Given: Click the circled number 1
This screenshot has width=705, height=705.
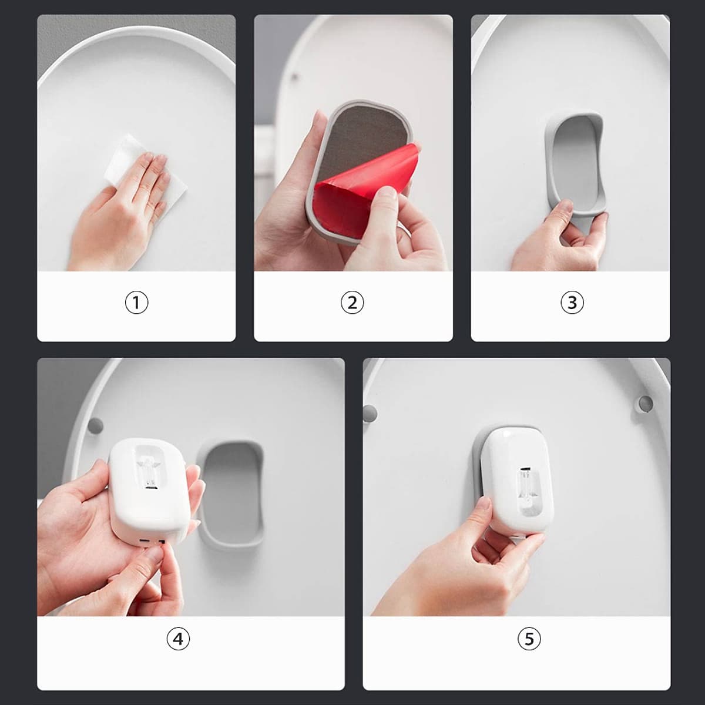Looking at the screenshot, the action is pyautogui.click(x=136, y=303).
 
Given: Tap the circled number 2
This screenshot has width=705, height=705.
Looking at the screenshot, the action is pyautogui.click(x=352, y=303).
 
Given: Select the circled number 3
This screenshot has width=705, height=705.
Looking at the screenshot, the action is pyautogui.click(x=572, y=303).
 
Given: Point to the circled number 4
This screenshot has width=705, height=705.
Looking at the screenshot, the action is pyautogui.click(x=178, y=639).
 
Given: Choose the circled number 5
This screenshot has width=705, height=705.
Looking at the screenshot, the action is pyautogui.click(x=529, y=639).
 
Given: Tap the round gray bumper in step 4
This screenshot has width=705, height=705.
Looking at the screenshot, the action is pyautogui.click(x=96, y=425).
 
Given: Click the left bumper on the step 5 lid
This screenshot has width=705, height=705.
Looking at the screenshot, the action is pyautogui.click(x=370, y=414).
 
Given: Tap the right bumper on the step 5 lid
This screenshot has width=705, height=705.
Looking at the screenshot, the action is pyautogui.click(x=645, y=404).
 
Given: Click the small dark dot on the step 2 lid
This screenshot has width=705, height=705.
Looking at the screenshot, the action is pyautogui.click(x=294, y=77).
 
